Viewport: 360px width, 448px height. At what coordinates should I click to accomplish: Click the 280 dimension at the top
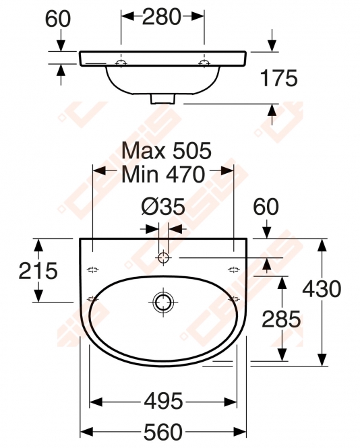point(162,17)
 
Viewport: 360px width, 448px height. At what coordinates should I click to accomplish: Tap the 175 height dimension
point(279,78)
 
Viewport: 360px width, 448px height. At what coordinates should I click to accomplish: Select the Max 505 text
point(167,150)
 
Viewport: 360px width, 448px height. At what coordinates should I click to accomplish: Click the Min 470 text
point(163,174)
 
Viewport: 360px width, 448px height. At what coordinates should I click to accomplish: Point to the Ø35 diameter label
point(163,207)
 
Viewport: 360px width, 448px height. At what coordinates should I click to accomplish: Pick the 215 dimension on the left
point(38,271)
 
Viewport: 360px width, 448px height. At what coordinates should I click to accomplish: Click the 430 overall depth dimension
point(322,289)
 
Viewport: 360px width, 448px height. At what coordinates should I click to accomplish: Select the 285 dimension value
point(281,319)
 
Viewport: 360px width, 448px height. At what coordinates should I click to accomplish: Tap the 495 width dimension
point(163,401)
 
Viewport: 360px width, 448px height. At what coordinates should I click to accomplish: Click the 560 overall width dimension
point(163,432)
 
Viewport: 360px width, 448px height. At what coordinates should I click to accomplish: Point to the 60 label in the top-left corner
point(58,19)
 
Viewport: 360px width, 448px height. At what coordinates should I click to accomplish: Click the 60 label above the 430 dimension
point(266,207)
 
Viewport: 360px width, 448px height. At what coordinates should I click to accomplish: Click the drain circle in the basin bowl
point(163,302)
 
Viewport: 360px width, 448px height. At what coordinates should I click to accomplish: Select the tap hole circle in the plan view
point(163,257)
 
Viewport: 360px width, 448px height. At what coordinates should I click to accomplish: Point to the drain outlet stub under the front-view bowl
point(162,99)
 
